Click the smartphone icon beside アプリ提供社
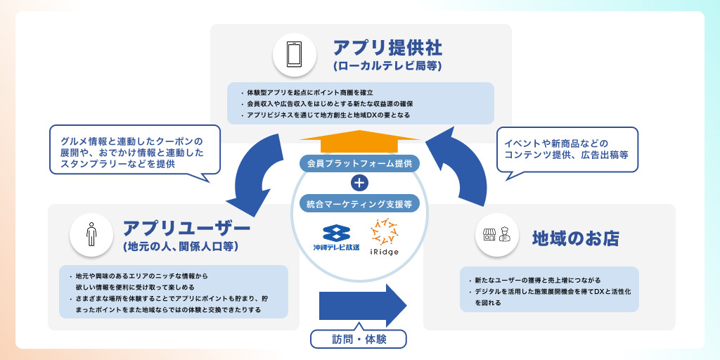click(x=294, y=54)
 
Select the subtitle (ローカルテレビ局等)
click(x=388, y=67)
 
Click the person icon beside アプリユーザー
click(x=91, y=235)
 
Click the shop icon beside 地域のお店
click(x=496, y=237)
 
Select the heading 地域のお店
click(x=575, y=238)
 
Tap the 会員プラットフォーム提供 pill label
click(x=359, y=163)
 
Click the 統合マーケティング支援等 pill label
click(x=359, y=204)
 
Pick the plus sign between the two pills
click(x=359, y=184)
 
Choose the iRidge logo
click(x=385, y=240)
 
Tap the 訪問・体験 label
click(x=359, y=338)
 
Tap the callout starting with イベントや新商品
click(x=567, y=148)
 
